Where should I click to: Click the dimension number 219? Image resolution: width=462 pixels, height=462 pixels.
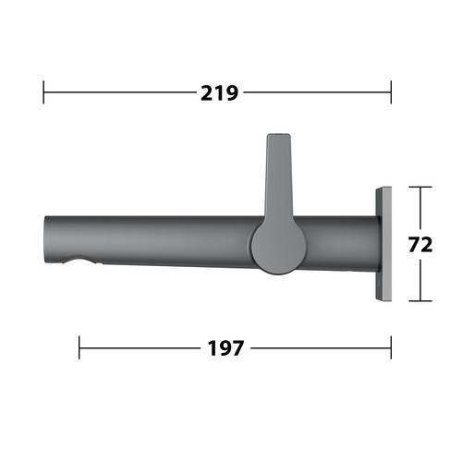pos(219,93)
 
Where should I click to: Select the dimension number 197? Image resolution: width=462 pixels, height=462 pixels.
pos(225,348)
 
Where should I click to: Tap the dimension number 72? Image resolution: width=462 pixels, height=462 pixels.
pos(420,245)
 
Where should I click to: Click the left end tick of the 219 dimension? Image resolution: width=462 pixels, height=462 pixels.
pos(43,92)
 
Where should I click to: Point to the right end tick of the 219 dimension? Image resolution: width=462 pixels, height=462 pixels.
pos(391,92)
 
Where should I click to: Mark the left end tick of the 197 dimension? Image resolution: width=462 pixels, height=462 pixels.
pos(79,347)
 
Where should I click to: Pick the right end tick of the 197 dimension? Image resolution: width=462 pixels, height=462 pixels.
pos(391,347)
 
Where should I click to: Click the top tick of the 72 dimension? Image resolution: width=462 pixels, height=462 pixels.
pos(420,187)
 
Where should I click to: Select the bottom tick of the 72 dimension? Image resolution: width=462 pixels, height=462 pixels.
pos(420,301)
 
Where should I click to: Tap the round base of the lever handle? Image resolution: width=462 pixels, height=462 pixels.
pos(279,248)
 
